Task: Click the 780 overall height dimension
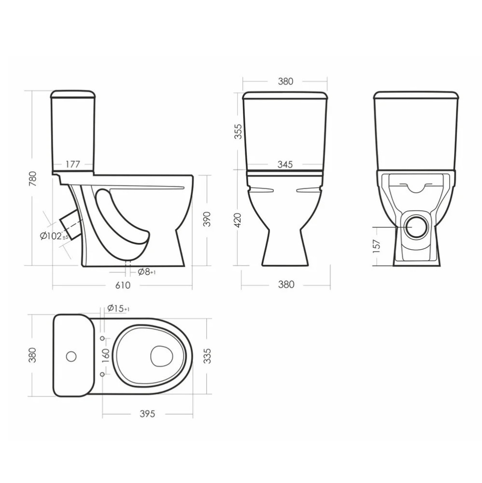click(x=32, y=179)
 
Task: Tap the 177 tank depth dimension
click(x=72, y=164)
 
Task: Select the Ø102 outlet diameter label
click(x=54, y=236)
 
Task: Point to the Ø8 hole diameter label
click(x=147, y=271)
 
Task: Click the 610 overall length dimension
click(x=123, y=285)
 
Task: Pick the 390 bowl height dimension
click(x=207, y=219)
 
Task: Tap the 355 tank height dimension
click(x=238, y=131)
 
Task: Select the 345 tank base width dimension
click(x=285, y=164)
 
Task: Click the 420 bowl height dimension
click(x=238, y=220)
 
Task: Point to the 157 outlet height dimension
click(x=377, y=246)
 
